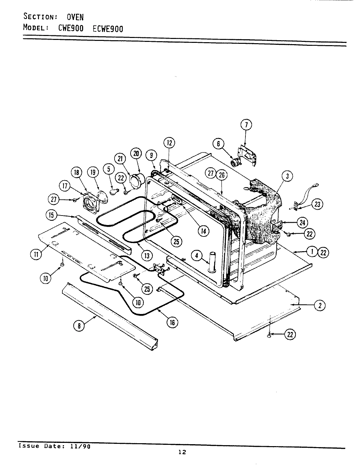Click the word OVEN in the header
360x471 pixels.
click(75, 17)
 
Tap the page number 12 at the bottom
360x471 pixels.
click(182, 452)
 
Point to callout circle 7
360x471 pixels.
click(246, 125)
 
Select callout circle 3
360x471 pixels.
click(287, 176)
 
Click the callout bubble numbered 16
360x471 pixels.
click(172, 323)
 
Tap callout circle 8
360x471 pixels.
click(79, 326)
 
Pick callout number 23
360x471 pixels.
click(317, 205)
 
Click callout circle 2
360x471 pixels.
click(319, 305)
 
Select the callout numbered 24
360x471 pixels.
click(302, 223)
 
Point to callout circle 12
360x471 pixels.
click(169, 143)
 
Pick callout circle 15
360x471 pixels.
click(51, 215)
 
